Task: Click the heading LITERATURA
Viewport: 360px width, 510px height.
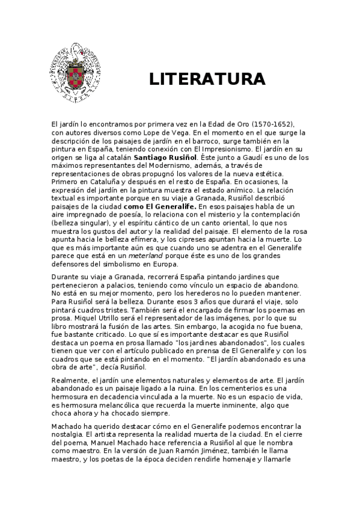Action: pyautogui.click(x=207, y=79)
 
